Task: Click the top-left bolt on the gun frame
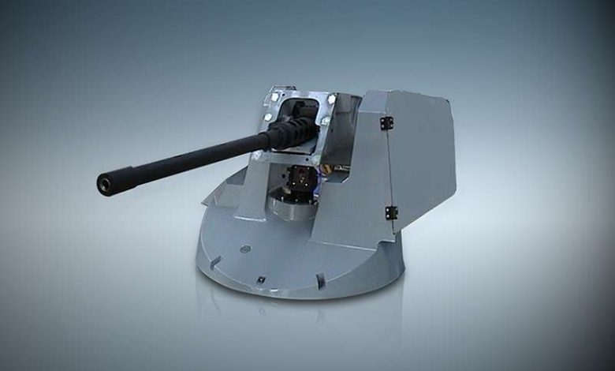(274, 97)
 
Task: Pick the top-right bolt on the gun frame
(331, 99)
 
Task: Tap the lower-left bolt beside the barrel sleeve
(268, 117)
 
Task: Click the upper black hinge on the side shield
(386, 123)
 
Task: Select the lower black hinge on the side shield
(391, 212)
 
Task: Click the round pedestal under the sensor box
(293, 207)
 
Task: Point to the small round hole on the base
(245, 249)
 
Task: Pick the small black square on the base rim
(260, 279)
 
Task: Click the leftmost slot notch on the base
(214, 261)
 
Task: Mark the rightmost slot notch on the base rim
(319, 280)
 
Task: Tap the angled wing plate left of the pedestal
(229, 193)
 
